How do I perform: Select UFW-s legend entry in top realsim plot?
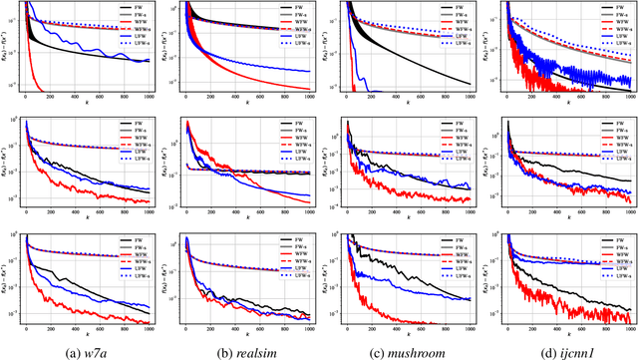pos(300,49)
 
